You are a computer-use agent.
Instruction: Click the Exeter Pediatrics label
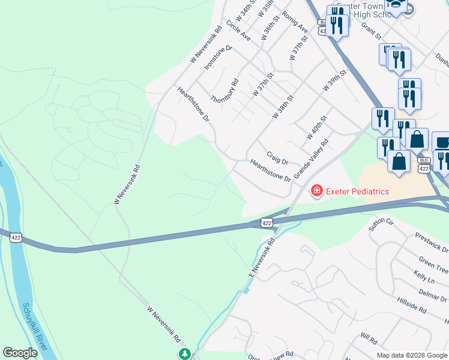(x=357, y=191)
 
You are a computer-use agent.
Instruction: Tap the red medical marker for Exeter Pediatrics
(x=315, y=191)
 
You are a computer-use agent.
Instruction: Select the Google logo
(x=20, y=353)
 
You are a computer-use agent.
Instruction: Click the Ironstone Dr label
(x=218, y=57)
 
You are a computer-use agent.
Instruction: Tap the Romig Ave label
(x=295, y=22)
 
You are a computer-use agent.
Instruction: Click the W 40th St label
(x=316, y=128)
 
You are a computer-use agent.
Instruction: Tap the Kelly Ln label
(x=424, y=276)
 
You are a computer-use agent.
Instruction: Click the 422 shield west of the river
(x=17, y=238)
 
